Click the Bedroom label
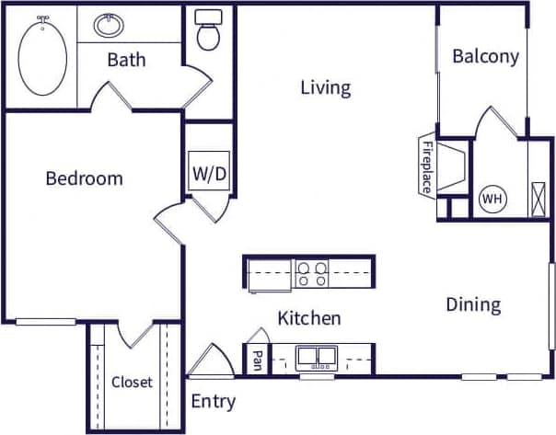[x=84, y=178]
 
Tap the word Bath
[x=126, y=61]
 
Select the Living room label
[x=326, y=87]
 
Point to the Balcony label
[x=485, y=56]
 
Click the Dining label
[x=473, y=304]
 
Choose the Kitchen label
[x=309, y=319]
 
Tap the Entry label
[x=213, y=402]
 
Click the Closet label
[x=132, y=383]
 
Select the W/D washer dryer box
[x=207, y=173]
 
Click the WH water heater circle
[x=492, y=198]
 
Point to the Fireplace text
[x=427, y=166]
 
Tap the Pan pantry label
[x=256, y=361]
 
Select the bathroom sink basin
[x=109, y=24]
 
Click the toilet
[x=210, y=32]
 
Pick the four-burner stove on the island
[x=312, y=272]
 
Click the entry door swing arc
[x=212, y=361]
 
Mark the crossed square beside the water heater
[x=539, y=199]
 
